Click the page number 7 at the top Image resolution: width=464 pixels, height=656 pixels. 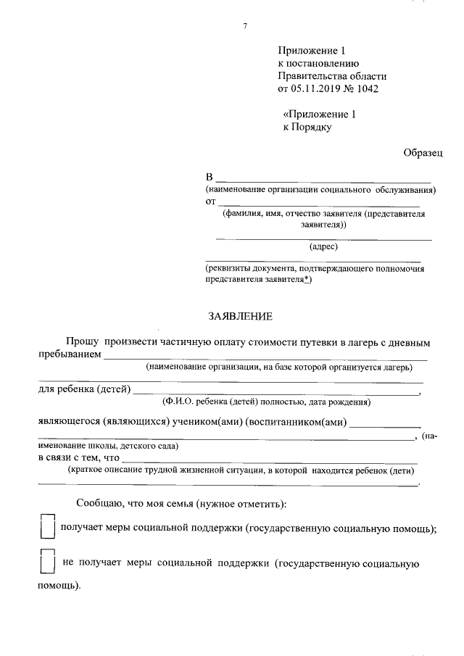[x=245, y=27]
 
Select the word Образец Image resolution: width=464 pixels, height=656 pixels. [x=423, y=153]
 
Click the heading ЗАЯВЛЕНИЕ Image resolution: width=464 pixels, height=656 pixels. [x=240, y=316]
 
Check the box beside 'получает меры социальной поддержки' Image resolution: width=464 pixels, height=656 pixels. [x=48, y=526]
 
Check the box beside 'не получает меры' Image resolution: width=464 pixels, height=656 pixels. [x=48, y=562]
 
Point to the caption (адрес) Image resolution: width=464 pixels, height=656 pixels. [x=323, y=247]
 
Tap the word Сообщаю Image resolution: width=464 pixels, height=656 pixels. [x=99, y=503]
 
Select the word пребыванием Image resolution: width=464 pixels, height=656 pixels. [x=69, y=355]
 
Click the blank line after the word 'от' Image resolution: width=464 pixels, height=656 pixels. [x=319, y=204]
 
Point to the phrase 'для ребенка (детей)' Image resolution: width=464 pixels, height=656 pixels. [x=83, y=391]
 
